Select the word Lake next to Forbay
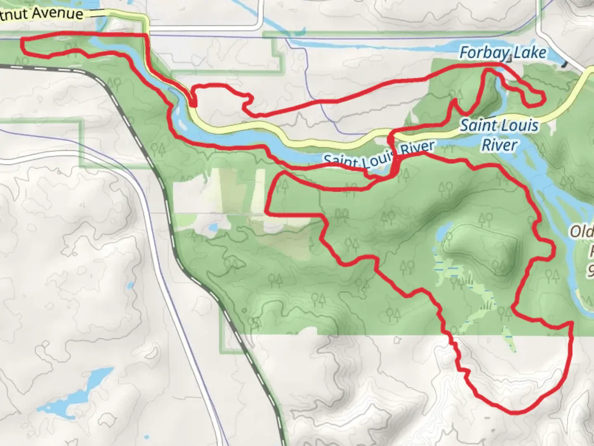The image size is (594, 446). [532, 53]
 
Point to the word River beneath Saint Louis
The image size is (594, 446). [500, 145]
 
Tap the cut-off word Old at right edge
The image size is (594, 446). [582, 232]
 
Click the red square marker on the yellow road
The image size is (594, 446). [193, 102]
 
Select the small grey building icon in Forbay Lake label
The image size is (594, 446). [510, 59]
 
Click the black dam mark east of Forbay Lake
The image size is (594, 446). [564, 64]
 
